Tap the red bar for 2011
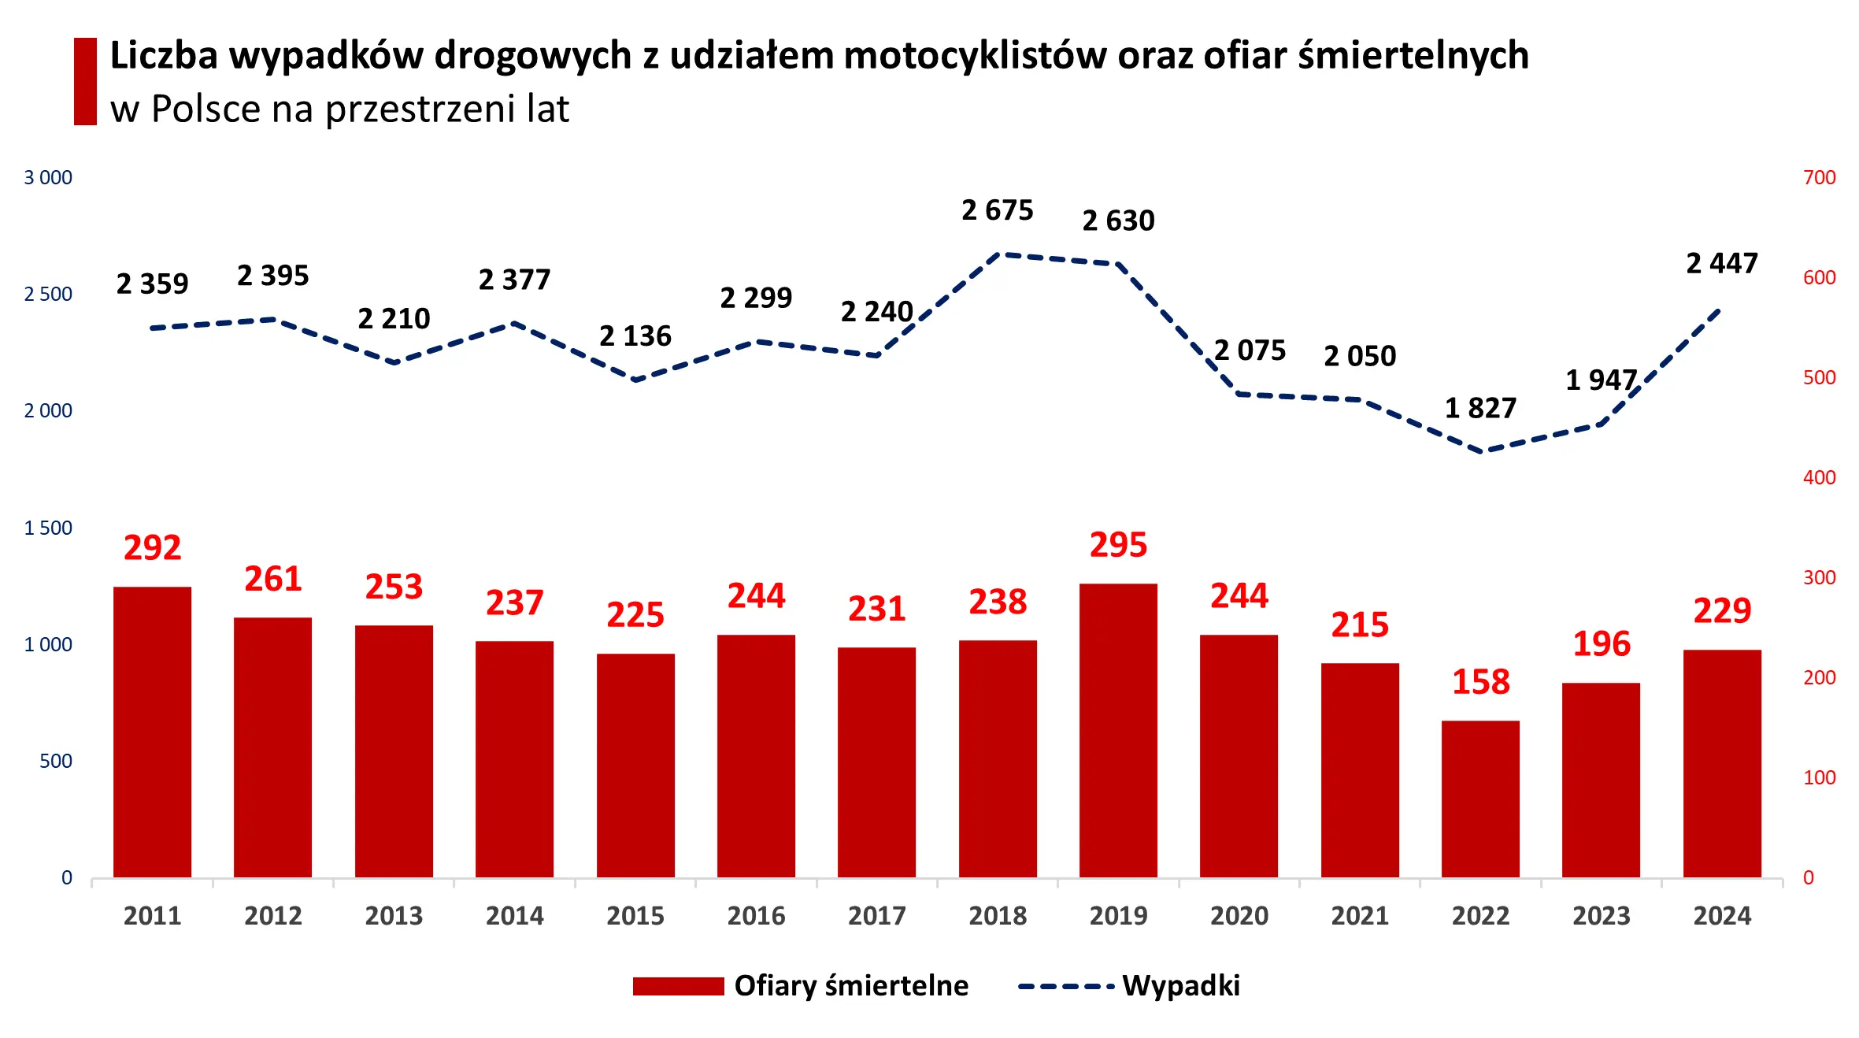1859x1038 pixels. click(x=152, y=732)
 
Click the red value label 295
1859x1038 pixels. click(x=1118, y=545)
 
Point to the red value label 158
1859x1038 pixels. click(x=1480, y=682)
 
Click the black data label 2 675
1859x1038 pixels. click(x=997, y=210)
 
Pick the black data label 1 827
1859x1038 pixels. click(x=1480, y=408)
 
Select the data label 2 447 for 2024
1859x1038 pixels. click(x=1722, y=263)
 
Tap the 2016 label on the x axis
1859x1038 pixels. click(x=756, y=916)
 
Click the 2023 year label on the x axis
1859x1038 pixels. click(x=1601, y=916)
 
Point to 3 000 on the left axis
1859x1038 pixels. click(x=48, y=178)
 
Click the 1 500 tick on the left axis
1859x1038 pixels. click(x=48, y=528)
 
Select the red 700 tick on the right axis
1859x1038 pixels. click(x=1819, y=178)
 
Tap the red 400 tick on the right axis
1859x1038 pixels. click(x=1819, y=477)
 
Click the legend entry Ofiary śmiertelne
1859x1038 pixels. click(x=850, y=986)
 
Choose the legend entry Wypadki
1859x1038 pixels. click(x=1180, y=986)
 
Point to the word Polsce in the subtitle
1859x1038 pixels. click(x=206, y=109)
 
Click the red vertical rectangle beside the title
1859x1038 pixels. click(x=85, y=81)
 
